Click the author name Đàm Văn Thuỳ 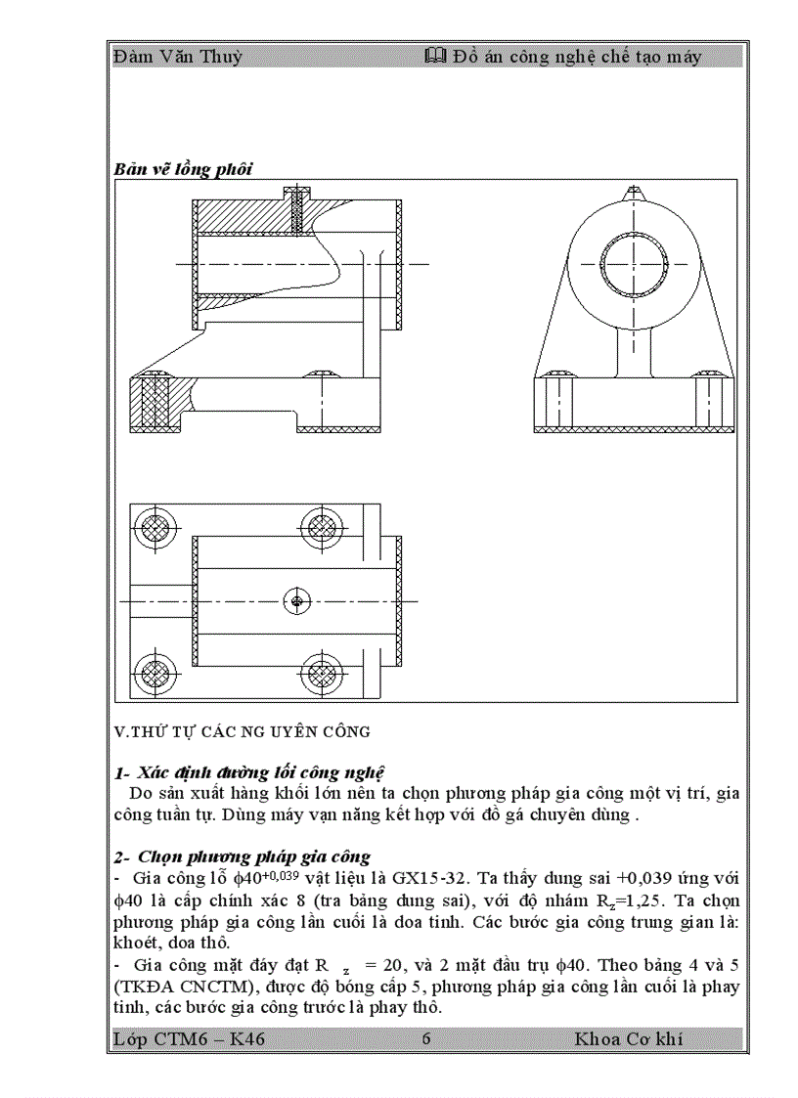pyautogui.click(x=178, y=57)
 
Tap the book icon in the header pyautogui.click(x=436, y=57)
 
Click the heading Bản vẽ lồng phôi pyautogui.click(x=183, y=169)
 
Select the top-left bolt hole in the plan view pyautogui.click(x=154, y=526)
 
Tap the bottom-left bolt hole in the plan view pyautogui.click(x=154, y=673)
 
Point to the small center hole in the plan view pyautogui.click(x=296, y=599)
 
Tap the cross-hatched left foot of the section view pyautogui.click(x=155, y=402)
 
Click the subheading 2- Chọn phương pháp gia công pyautogui.click(x=242, y=856)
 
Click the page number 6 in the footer pyautogui.click(x=425, y=1038)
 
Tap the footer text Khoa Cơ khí pyautogui.click(x=628, y=1038)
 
